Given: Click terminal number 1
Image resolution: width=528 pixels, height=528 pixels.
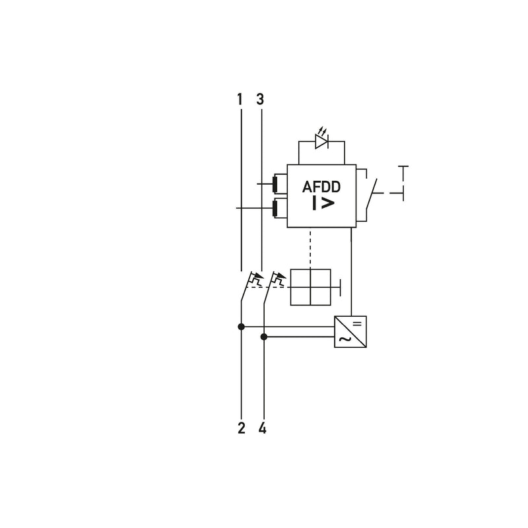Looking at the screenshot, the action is click(240, 99).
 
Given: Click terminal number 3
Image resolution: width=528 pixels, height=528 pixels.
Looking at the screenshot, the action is click(260, 99).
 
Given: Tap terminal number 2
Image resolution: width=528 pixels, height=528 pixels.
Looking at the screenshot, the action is click(241, 428).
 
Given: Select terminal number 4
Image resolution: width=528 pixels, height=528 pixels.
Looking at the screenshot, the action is click(262, 428).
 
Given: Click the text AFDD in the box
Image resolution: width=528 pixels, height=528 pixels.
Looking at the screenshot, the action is click(321, 187).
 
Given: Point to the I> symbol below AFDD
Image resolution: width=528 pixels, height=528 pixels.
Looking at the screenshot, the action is click(323, 203).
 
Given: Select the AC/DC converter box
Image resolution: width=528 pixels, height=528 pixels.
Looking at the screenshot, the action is click(350, 332).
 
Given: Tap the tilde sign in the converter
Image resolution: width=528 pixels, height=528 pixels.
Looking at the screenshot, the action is click(344, 339).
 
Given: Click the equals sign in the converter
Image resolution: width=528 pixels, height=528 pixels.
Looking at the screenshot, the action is click(357, 323).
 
